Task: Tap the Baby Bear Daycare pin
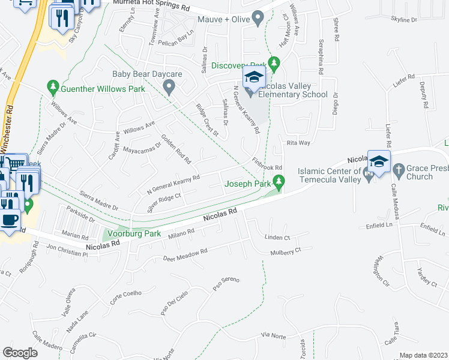click(169, 88)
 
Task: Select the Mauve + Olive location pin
click(259, 19)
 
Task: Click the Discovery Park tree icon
click(274, 62)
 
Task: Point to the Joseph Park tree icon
click(279, 181)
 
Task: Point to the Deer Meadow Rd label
click(185, 254)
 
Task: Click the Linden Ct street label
click(277, 238)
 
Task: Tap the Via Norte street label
click(273, 336)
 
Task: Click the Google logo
click(20, 352)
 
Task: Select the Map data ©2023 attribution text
click(424, 355)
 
